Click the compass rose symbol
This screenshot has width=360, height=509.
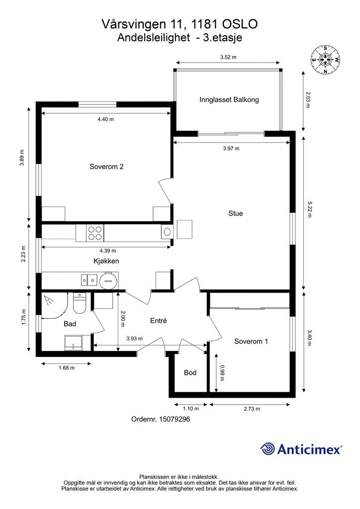[325, 60]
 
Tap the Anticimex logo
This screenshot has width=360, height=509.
[301, 449]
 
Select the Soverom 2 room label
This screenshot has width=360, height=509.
[106, 167]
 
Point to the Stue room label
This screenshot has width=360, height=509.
[236, 213]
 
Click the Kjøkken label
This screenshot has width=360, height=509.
[106, 261]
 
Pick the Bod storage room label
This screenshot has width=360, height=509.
[190, 373]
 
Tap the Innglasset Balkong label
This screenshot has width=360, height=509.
[229, 99]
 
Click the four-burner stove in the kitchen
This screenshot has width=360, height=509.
[95, 233]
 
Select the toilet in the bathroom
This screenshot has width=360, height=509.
[79, 302]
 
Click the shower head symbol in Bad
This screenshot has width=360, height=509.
[49, 300]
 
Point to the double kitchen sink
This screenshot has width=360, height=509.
[89, 279]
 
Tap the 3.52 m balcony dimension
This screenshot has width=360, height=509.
[228, 57]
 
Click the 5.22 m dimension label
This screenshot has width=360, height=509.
[309, 209]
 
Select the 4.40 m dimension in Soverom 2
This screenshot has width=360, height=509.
[106, 119]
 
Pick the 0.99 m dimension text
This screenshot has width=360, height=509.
[222, 373]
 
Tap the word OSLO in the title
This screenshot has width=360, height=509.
[240, 24]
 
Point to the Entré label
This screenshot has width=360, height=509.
[159, 321]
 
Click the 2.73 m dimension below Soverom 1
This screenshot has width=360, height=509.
[252, 409]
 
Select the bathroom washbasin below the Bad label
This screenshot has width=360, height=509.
[74, 343]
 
